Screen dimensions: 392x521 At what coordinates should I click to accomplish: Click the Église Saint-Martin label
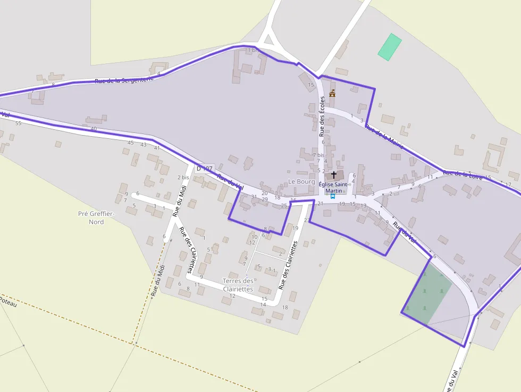(334, 187)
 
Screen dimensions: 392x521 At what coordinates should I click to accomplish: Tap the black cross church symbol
(334, 174)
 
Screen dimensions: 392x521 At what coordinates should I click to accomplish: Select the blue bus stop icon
(333, 196)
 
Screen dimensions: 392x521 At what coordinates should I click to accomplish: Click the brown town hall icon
(332, 94)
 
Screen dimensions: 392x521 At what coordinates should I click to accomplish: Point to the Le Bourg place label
(301, 182)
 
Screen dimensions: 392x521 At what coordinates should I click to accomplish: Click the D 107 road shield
(204, 169)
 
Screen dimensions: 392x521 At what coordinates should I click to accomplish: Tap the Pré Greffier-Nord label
(91, 218)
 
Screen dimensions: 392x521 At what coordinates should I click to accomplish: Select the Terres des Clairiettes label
(238, 285)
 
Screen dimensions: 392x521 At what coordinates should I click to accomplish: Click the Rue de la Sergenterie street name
(124, 80)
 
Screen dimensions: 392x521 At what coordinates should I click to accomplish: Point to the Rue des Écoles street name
(322, 116)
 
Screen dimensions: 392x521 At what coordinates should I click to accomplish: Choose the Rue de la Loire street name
(463, 174)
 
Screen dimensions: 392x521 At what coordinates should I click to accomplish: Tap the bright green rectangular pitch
(390, 47)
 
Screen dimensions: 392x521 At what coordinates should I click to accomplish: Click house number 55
(19, 123)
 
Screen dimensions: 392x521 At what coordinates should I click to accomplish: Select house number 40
(94, 129)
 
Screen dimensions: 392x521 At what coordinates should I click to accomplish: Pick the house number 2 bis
(183, 177)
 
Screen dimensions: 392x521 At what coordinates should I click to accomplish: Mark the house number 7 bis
(318, 155)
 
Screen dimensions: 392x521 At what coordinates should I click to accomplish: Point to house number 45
(131, 143)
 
